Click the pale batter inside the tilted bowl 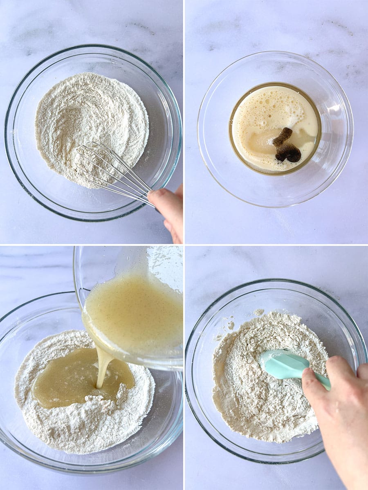[x=135, y=311]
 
